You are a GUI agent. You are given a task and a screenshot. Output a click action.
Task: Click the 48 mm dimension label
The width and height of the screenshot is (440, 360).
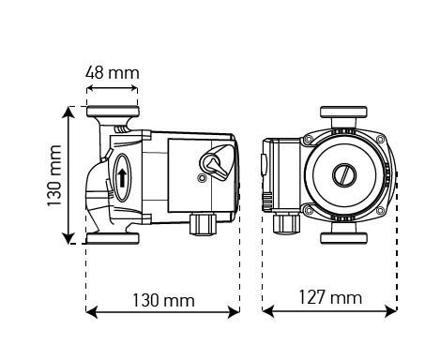(113, 73)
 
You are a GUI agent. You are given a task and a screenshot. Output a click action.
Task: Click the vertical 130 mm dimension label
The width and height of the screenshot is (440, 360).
(54, 175)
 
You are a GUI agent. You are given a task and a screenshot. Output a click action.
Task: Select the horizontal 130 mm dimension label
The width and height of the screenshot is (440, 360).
(163, 300)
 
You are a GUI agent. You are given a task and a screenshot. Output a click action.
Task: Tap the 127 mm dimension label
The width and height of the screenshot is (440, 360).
(330, 297)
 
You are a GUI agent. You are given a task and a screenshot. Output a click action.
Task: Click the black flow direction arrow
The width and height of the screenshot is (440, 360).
(122, 178)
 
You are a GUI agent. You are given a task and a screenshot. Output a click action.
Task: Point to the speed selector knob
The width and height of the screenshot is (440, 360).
(217, 161)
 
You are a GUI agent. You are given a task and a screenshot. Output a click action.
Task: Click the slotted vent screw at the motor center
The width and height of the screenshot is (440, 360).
(344, 175)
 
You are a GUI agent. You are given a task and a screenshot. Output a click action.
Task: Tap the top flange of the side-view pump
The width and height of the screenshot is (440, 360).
(113, 112)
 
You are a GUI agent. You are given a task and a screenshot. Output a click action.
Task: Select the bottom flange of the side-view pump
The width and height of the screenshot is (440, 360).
(113, 238)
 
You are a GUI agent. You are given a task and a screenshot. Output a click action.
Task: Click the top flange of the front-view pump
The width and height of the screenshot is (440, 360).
(343, 112)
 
